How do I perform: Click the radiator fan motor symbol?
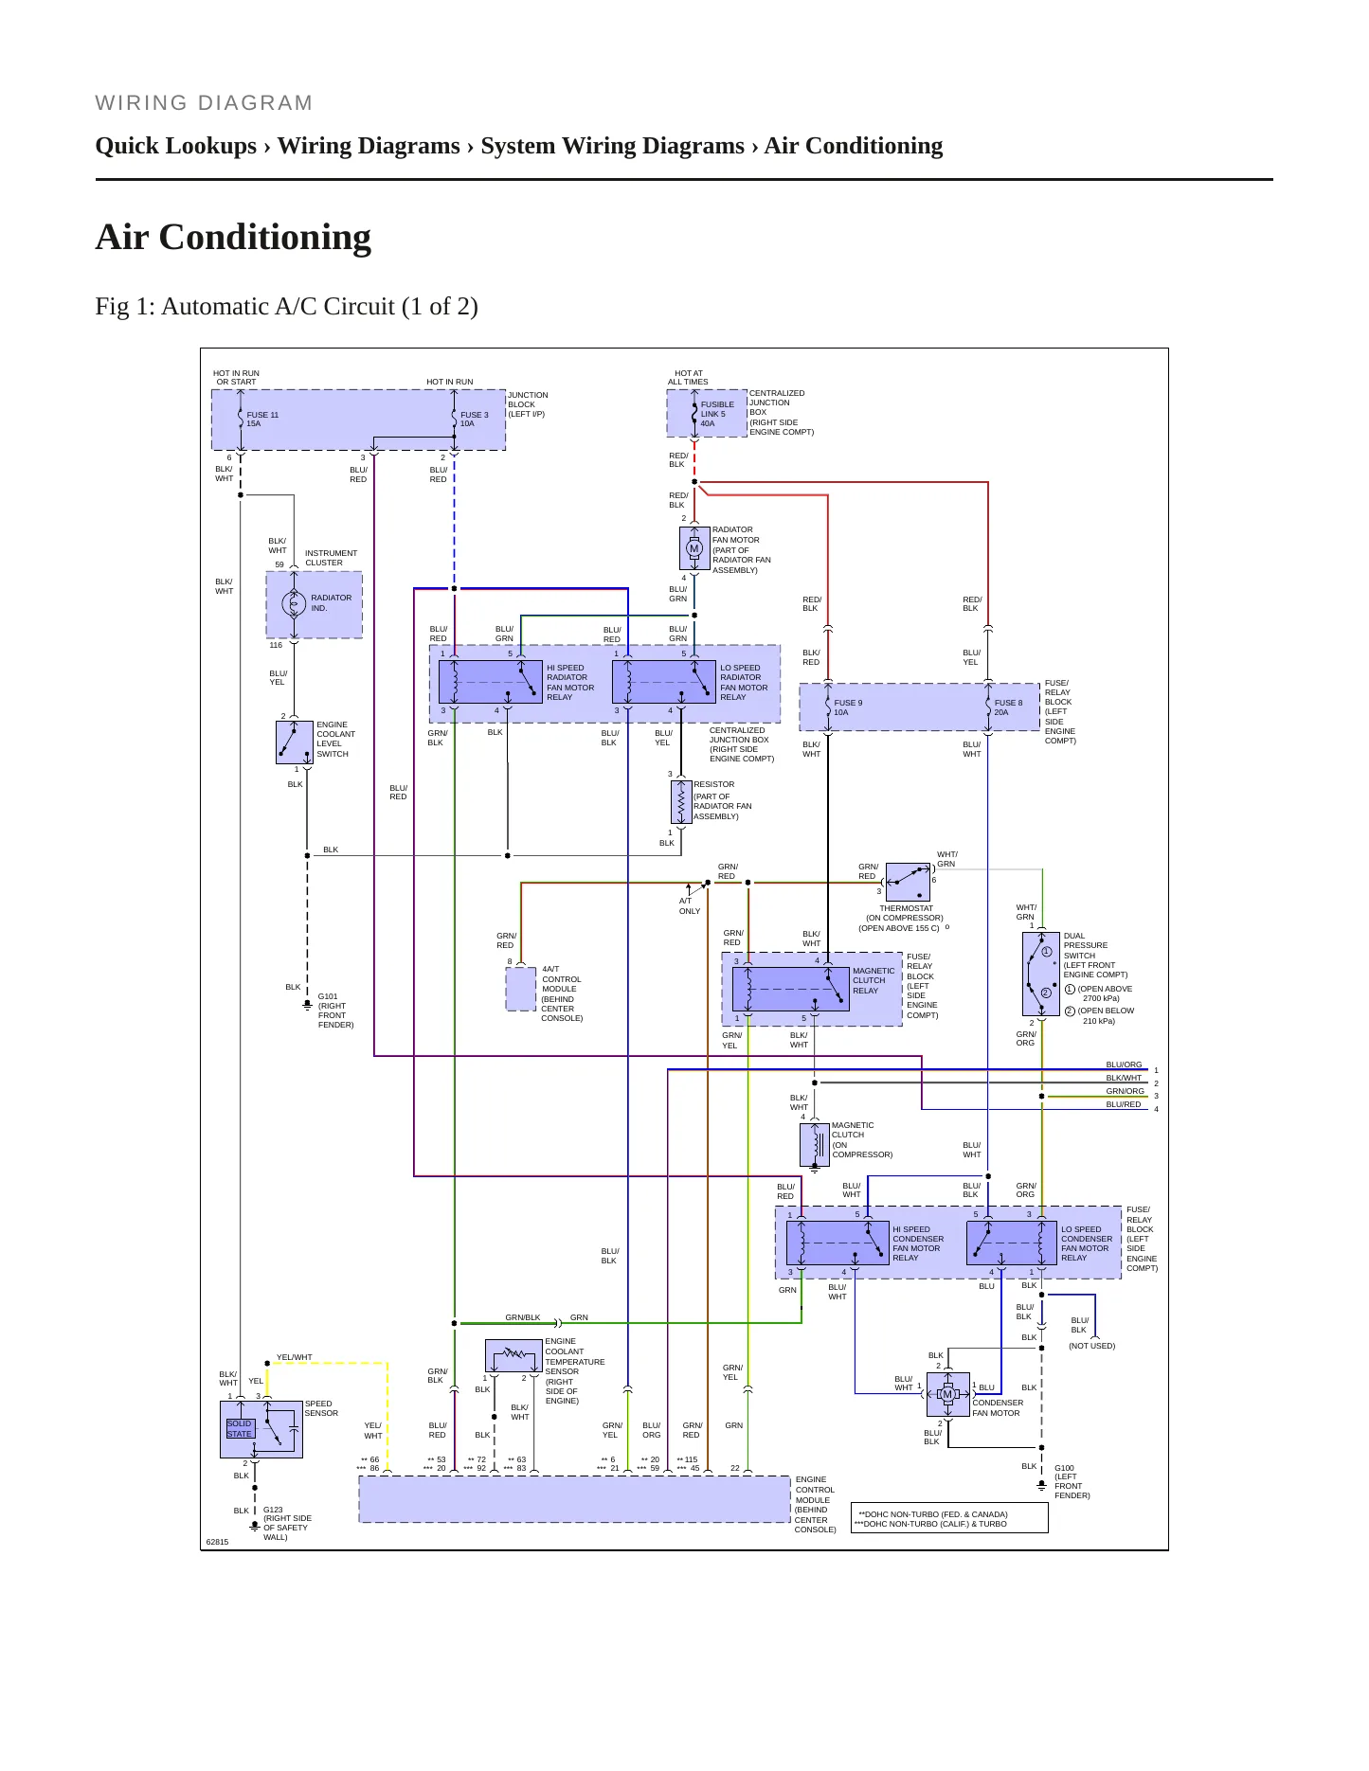(694, 549)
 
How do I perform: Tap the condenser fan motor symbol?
(947, 1394)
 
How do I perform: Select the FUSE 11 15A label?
(262, 420)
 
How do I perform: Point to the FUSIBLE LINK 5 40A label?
(717, 414)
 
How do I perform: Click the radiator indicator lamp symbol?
(294, 603)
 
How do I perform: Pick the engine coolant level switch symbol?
(295, 742)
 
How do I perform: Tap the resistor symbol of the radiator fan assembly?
(681, 802)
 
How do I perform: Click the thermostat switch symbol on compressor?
(908, 883)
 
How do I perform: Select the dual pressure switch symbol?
(1041, 974)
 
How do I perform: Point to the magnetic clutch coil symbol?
(815, 1144)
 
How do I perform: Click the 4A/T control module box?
(521, 989)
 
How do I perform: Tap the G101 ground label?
(335, 1011)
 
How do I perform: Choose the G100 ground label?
(1072, 1482)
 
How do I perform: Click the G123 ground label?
(287, 1524)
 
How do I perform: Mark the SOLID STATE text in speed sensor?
(240, 1428)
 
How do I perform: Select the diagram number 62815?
(218, 1542)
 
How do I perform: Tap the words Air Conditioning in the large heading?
(233, 237)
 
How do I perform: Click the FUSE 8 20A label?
(1008, 707)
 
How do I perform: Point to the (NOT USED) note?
(1091, 1346)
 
